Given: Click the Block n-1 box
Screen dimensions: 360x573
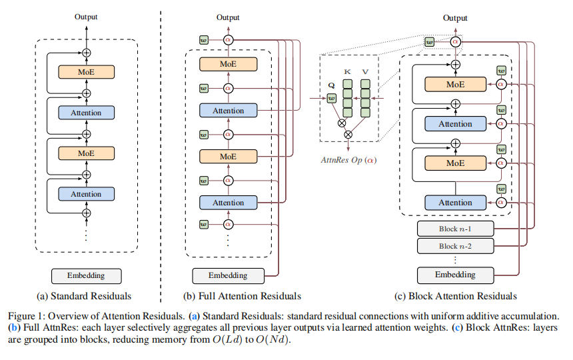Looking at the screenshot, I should tap(455, 229).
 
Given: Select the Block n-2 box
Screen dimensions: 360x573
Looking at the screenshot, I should tap(455, 246).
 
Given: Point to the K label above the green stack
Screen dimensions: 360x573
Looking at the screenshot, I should tap(347, 71).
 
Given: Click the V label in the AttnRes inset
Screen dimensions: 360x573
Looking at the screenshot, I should tap(365, 71).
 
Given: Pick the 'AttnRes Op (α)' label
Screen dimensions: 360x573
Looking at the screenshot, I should tap(347, 159).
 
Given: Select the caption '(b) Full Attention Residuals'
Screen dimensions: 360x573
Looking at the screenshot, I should tap(241, 295).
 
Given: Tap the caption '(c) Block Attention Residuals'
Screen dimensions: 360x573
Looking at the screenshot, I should tap(456, 295).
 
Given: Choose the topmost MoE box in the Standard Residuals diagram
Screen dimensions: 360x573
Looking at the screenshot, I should tap(86, 71).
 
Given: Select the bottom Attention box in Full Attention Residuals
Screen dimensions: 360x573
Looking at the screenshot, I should tap(228, 202).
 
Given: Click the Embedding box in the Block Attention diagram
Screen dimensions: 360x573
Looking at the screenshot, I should tap(455, 274).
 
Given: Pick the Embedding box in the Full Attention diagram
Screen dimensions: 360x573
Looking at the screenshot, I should tap(228, 275).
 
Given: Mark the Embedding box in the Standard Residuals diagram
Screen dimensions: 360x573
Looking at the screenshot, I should tap(86, 275).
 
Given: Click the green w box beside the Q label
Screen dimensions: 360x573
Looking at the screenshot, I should tap(332, 99).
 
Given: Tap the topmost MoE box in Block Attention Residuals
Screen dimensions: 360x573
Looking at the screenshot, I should tap(455, 85).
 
